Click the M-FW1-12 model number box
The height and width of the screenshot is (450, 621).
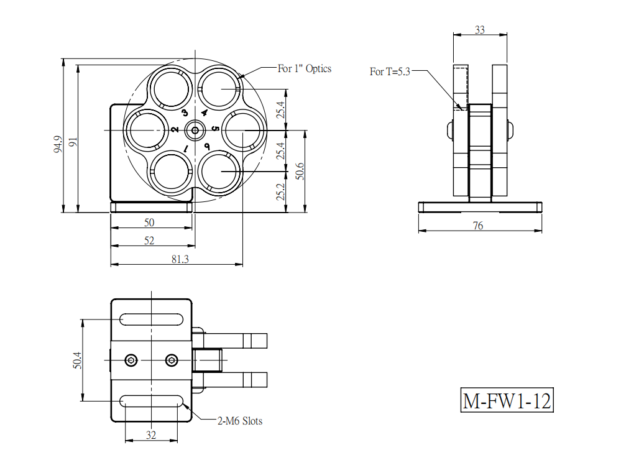tap(507, 400)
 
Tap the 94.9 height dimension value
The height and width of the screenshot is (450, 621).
tap(58, 144)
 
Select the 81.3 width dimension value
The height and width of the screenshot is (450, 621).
tap(180, 259)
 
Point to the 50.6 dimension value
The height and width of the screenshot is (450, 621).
tap(300, 171)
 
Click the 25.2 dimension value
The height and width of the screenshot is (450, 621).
tap(280, 191)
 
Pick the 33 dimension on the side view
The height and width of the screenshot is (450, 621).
tap(480, 30)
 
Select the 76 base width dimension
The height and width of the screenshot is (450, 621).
tap(478, 226)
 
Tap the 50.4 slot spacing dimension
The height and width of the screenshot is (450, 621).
tap(77, 360)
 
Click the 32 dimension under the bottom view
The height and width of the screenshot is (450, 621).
tap(151, 435)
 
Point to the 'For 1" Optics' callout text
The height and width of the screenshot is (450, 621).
tap(304, 68)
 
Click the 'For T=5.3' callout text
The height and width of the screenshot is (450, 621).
tap(390, 71)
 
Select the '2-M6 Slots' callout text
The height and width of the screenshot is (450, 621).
tap(240, 421)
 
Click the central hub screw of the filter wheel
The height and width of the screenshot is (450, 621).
tap(195, 130)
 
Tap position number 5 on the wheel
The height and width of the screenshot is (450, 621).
tap(215, 129)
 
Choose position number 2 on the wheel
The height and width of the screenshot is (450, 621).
tap(175, 129)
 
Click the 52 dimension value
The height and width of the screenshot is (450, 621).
tap(149, 241)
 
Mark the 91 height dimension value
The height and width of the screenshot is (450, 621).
tap(73, 142)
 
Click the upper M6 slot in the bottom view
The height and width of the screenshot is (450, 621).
tap(151, 319)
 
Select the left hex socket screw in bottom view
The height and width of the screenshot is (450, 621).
tap(131, 360)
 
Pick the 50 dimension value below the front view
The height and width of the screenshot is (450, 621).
tap(149, 223)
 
